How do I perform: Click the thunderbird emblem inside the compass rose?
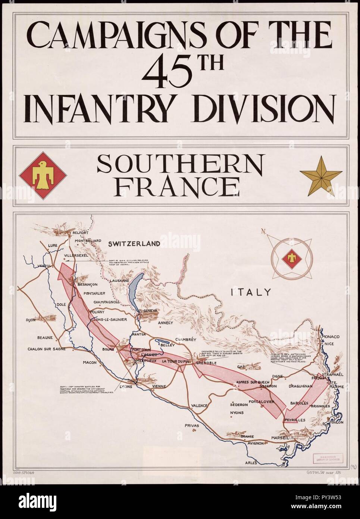point(289,258)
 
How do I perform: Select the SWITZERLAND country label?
point(134,244)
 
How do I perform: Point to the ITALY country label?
point(250,292)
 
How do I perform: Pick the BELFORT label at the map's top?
point(80,233)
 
